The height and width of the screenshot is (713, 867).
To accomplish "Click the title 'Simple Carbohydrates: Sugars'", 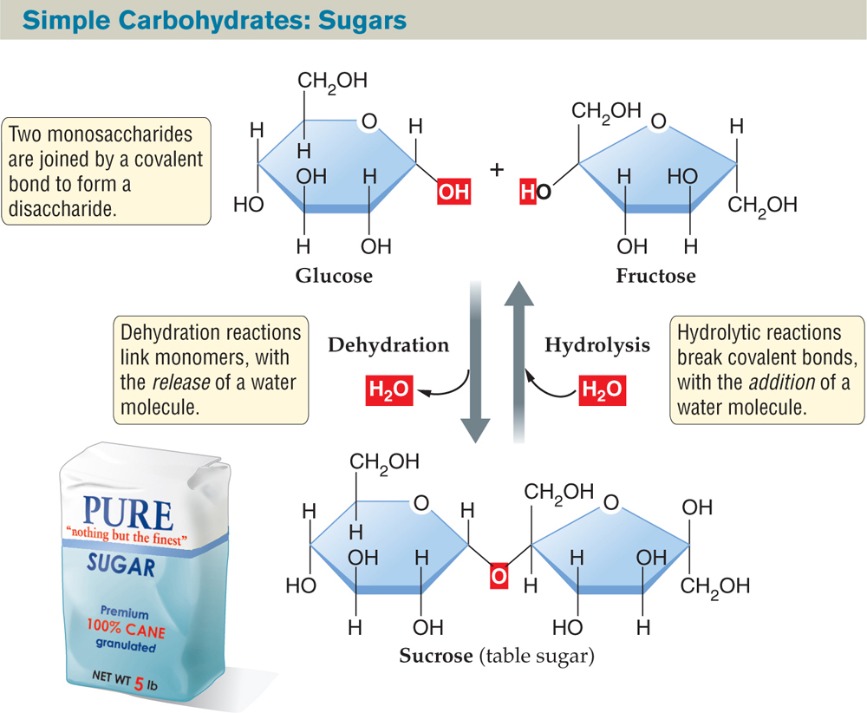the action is pos(214,20).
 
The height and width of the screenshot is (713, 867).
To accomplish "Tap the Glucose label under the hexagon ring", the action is pos(334,276).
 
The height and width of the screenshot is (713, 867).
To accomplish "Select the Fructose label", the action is pos(655,276).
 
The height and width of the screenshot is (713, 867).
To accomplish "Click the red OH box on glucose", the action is pos(453,192).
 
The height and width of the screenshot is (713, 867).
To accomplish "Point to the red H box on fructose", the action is pos(527,192).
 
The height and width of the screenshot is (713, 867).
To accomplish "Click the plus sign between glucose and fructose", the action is pos(497,169).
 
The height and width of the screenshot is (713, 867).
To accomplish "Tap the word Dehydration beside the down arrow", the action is pos(388,345).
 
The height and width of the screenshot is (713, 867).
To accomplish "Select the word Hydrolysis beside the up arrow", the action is pos(597,345).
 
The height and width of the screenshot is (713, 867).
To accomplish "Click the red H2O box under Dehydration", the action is pos(389,390).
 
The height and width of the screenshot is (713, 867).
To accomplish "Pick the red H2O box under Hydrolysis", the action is pos(603,390).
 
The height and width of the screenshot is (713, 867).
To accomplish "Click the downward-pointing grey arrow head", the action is pos(475,429).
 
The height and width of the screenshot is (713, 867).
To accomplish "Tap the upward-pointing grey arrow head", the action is pos(519,293).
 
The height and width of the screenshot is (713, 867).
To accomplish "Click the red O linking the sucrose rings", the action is pos(499,576).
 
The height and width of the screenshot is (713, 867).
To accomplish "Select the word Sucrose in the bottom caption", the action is pos(436,656).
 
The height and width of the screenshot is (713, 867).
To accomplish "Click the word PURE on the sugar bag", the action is pos(127,513).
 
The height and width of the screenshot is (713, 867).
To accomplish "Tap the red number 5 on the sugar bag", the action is pos(139,684).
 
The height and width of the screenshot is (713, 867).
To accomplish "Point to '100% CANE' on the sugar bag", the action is pos(126,629).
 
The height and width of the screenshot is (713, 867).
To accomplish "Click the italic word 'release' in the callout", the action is pos(181,383).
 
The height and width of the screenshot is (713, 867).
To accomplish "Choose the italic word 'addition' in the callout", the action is pos(782,383).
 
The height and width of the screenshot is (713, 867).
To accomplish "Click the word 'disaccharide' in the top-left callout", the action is pos(62,209).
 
